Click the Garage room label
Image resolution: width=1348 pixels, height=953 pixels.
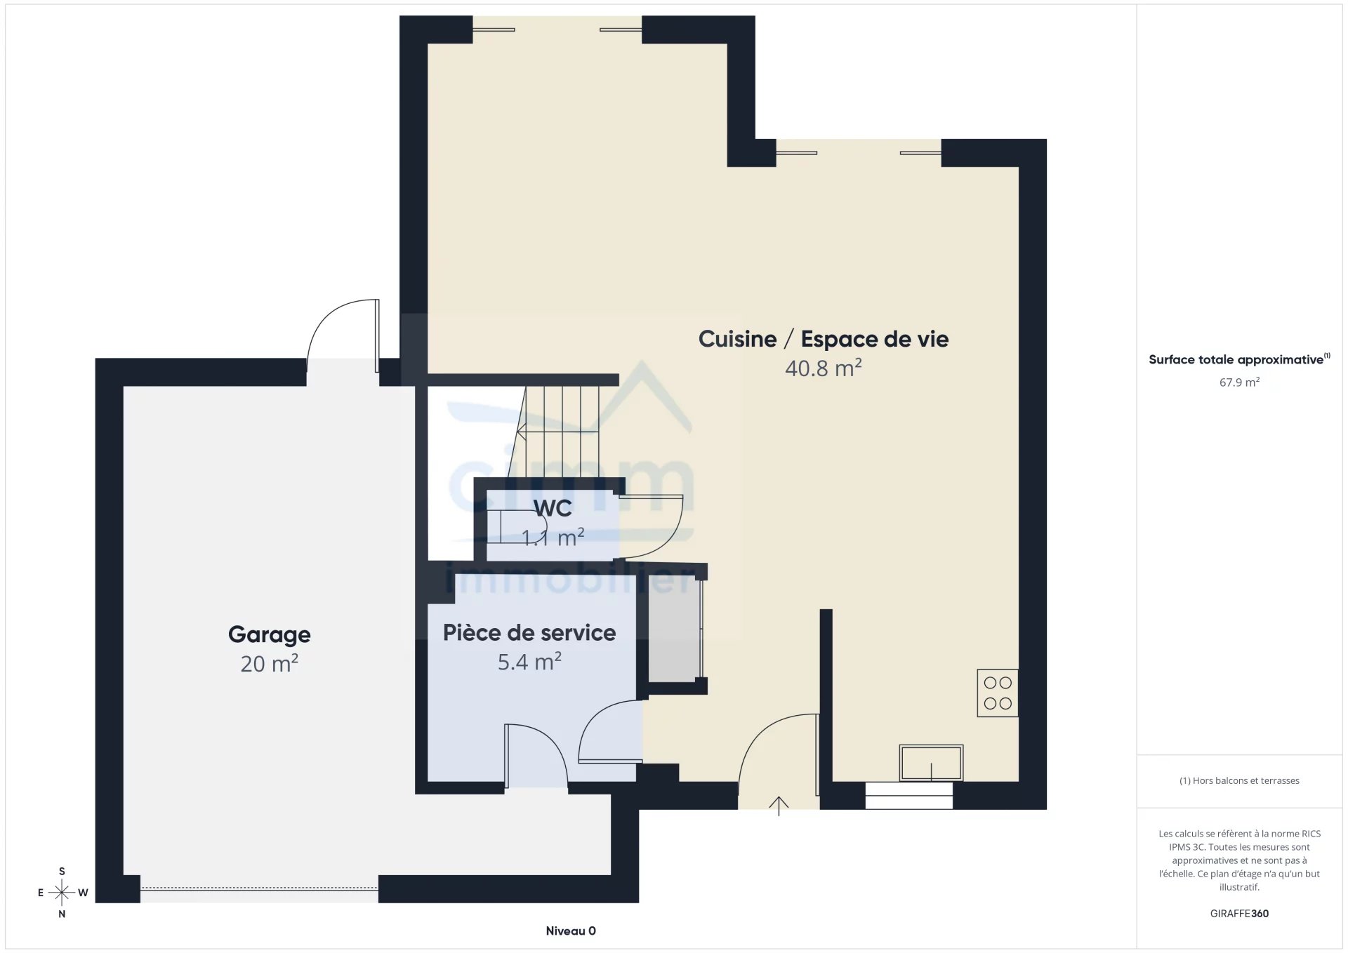[x=269, y=634]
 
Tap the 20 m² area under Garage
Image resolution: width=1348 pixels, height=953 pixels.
[x=269, y=664]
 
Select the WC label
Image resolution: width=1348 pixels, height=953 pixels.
[x=553, y=508]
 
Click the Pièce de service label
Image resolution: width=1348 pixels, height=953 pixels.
[x=529, y=633]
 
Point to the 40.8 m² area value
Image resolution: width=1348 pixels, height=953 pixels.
[x=823, y=368]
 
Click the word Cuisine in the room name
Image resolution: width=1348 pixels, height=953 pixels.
[x=737, y=340]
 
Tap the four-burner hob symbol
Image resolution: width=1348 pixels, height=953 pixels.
[x=997, y=693]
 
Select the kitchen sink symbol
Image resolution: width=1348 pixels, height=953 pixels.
[x=931, y=763]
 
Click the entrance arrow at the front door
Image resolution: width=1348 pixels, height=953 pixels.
[x=779, y=806]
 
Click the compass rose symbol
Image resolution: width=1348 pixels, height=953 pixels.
[x=62, y=893]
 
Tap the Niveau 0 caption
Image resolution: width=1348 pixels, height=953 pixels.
[x=571, y=931]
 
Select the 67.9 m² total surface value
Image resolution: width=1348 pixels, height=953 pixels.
[x=1239, y=382]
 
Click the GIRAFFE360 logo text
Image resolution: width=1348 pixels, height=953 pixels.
[x=1239, y=914]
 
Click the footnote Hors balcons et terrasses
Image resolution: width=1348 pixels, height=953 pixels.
[x=1239, y=780]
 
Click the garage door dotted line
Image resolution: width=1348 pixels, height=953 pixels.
[x=259, y=888]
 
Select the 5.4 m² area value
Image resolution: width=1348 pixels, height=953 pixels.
[x=529, y=662]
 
